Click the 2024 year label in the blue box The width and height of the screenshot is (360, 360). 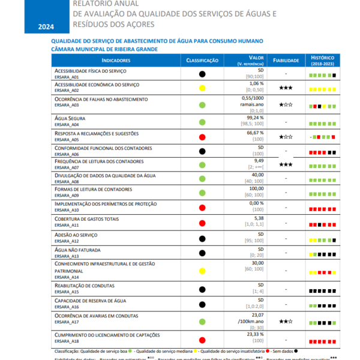pos(46,27)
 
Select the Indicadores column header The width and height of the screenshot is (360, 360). pos(116,61)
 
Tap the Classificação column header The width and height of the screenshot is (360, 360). pos(202,61)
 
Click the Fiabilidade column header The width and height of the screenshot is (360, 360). pos(286,61)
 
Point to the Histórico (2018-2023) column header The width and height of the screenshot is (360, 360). pos(323,61)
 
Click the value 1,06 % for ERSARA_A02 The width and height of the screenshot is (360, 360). pos(257,84)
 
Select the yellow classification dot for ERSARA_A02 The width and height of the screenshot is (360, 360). pos(202,88)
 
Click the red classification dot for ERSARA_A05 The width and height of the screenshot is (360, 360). pos(202,137)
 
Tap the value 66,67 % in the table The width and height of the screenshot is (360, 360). pos(256,132)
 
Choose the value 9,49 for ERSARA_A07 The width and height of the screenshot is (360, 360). pos(259,161)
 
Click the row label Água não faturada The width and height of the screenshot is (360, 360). pos(77,249)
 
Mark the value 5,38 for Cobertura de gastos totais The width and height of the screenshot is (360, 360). pos(259,218)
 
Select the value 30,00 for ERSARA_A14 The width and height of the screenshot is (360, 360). pos(257,263)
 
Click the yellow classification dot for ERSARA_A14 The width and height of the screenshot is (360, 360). pos(202,269)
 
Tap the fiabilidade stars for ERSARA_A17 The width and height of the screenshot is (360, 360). pos(286,321)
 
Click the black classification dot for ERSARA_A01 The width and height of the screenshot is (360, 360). pos(202,74)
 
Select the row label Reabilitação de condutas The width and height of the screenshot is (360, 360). pos(84,286)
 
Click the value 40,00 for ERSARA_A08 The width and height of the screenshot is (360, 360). pos(257,175)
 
